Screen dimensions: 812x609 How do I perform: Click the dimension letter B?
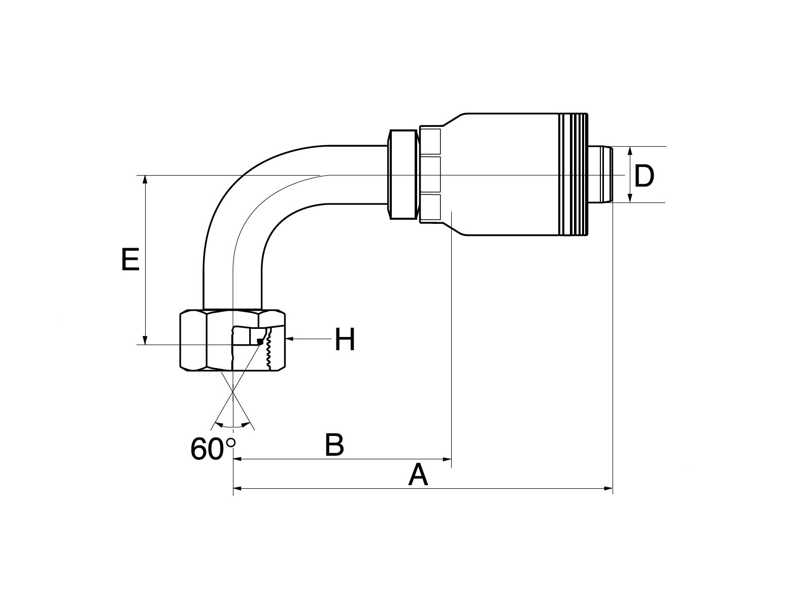coord(334,445)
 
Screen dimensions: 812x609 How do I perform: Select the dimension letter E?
coord(130,260)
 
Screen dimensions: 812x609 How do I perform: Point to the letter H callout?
coord(345,340)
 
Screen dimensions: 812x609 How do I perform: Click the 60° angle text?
coord(214,449)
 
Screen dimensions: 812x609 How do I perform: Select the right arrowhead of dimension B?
coord(447,460)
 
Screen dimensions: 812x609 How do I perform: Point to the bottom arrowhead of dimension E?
coord(146,340)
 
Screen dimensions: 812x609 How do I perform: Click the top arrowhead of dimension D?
coord(630,151)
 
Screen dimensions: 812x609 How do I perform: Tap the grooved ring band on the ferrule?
coord(573,175)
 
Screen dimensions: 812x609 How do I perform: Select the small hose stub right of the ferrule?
coord(601,175)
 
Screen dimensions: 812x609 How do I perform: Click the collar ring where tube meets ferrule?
coord(403,175)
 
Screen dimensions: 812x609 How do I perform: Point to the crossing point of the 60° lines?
coord(233,394)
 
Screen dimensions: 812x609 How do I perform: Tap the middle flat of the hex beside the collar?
coord(430,175)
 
